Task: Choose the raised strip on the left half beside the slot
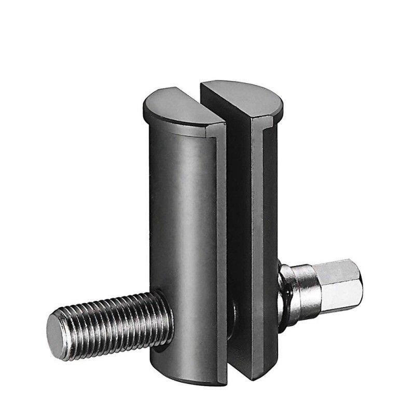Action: tap(220, 233)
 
